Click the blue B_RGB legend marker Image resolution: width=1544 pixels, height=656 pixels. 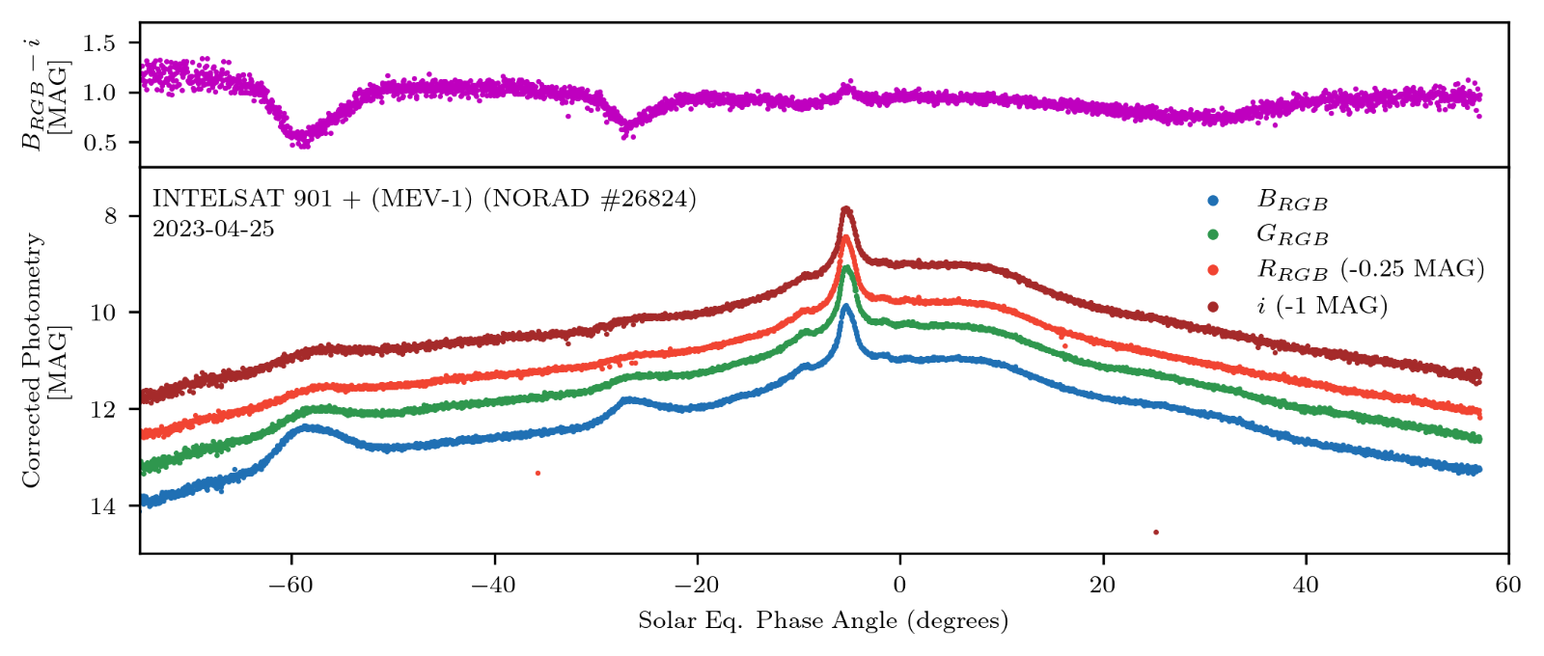[1213, 201]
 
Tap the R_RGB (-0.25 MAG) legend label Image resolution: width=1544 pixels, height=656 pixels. [1369, 269]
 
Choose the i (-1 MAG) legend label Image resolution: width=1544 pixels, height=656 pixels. [1322, 305]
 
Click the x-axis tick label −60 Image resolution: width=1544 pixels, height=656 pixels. [290, 585]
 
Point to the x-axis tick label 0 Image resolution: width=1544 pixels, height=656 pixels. [899, 585]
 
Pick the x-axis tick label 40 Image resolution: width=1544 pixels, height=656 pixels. [1306, 585]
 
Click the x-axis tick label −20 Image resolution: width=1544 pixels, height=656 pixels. [697, 585]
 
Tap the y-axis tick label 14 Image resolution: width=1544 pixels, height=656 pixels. [103, 506]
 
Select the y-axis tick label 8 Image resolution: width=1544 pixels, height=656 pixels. [110, 216]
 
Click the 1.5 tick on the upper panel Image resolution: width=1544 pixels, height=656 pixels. [98, 43]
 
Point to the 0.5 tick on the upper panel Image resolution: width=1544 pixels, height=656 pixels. [98, 143]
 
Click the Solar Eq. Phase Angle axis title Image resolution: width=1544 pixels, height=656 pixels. [823, 620]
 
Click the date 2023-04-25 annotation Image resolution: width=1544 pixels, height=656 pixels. [213, 230]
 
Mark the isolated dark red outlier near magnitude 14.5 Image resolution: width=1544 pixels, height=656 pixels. [1156, 532]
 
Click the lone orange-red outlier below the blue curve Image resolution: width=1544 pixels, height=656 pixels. [538, 473]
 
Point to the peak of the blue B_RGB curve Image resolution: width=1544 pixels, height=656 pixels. [846, 307]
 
